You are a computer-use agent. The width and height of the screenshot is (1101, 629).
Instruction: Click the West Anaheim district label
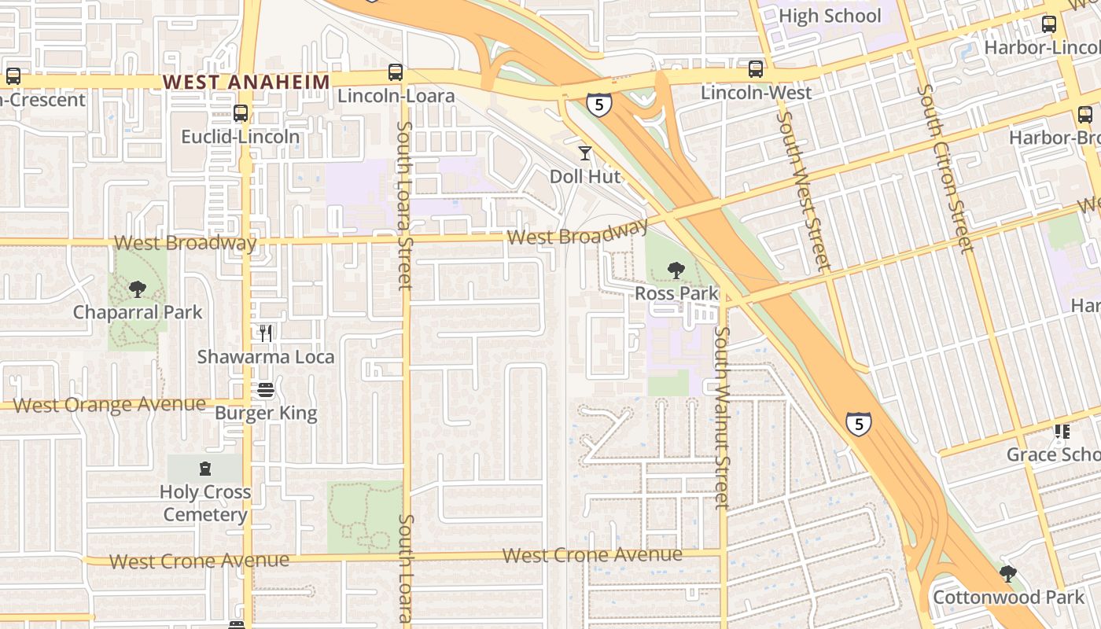tap(246, 82)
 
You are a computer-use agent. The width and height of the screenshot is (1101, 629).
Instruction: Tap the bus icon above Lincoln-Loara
tap(396, 72)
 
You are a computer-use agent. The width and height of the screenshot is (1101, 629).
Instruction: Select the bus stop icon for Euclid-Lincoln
tap(241, 113)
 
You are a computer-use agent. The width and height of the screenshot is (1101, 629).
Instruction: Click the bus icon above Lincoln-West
tap(756, 69)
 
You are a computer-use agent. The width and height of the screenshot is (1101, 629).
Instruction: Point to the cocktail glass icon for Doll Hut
tap(584, 153)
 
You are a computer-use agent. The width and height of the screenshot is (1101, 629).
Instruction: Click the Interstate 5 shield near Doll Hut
tap(598, 104)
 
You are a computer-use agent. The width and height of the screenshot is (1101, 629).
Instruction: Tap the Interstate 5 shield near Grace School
tap(859, 423)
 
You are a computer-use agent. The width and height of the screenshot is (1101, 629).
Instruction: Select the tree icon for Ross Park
tap(676, 271)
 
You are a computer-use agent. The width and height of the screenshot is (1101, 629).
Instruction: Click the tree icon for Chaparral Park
tap(138, 289)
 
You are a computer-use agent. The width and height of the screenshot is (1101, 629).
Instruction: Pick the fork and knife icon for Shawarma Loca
tap(266, 333)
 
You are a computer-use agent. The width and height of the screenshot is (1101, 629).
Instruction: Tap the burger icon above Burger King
tap(266, 390)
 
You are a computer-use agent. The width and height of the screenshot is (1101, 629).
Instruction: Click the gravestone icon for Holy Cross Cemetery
tap(205, 469)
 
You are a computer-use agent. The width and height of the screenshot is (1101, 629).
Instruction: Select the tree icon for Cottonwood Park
tap(1007, 574)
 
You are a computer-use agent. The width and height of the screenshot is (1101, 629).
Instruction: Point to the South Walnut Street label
tap(722, 417)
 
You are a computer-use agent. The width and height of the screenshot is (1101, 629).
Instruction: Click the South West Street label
tap(803, 190)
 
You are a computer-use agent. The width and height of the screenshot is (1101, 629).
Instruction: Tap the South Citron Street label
tap(945, 168)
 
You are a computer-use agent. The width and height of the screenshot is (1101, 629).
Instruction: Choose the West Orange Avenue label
tap(110, 405)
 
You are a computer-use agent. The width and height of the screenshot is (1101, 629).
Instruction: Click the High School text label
tap(830, 16)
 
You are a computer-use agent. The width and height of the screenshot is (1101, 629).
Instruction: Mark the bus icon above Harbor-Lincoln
tap(1049, 24)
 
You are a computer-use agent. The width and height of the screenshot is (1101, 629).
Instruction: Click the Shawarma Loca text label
tap(266, 357)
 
